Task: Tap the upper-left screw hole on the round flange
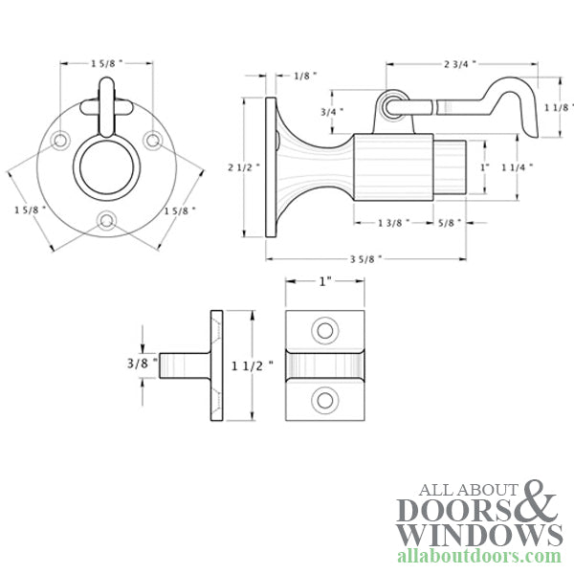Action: tap(60, 141)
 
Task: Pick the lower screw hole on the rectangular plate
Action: tap(326, 400)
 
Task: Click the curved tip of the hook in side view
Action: tap(497, 88)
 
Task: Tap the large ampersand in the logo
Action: tap(537, 502)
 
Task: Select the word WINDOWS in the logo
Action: tap(479, 532)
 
